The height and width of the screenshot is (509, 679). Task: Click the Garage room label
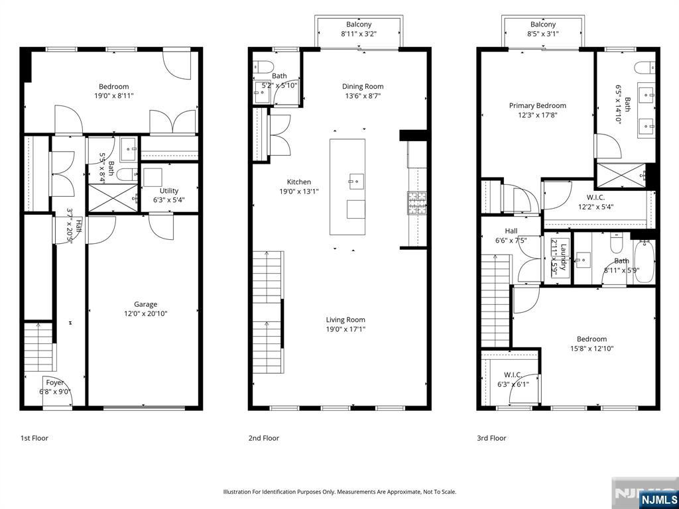coord(145,304)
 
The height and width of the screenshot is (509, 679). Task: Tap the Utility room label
coord(169,190)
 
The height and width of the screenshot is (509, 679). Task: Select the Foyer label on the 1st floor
coord(55,382)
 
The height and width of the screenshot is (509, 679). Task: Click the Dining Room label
coord(363,86)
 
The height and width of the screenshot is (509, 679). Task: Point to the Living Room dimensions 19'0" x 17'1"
coord(345,329)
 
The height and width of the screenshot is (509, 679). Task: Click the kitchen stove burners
coord(412,203)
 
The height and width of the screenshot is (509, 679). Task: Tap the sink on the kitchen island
coord(356,179)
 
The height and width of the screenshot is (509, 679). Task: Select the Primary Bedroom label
coord(537,105)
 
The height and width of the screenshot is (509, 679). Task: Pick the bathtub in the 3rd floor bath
coord(644,262)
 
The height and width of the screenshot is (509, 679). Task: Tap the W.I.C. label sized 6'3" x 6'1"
coord(513,375)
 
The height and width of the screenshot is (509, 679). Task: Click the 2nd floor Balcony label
coord(359,25)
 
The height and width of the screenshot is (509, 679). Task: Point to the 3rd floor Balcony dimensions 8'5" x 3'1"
coord(542,34)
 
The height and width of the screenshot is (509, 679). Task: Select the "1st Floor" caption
coord(34,438)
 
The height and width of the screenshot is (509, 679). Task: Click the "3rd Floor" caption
coord(491,438)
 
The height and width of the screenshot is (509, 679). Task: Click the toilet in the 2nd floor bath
coord(263,67)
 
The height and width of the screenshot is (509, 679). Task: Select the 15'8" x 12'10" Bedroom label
coord(591,339)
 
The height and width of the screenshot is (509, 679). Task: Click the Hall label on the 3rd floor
coord(511,231)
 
